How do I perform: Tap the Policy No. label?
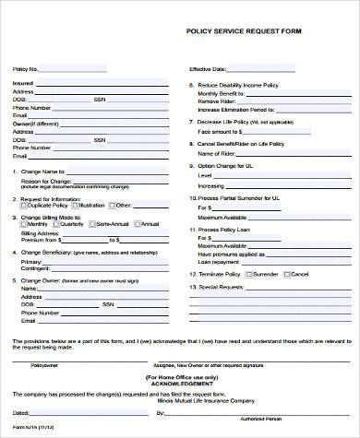pyautogui.click(x=26, y=69)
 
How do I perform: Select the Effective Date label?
pyautogui.click(x=208, y=69)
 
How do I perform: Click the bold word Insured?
pyautogui.click(x=23, y=84)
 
